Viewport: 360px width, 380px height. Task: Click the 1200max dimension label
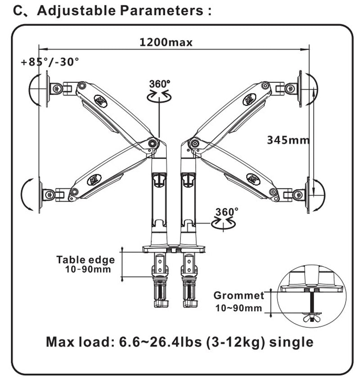click(x=166, y=42)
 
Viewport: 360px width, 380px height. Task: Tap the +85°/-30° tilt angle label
click(x=50, y=62)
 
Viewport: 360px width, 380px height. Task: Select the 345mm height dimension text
click(x=288, y=140)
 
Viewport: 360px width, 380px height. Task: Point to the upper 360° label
click(x=160, y=84)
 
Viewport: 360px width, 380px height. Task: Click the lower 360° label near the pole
click(x=227, y=212)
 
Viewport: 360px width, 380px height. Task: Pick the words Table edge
click(x=85, y=259)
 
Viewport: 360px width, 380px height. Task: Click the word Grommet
click(x=239, y=295)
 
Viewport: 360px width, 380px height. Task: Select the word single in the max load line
click(x=291, y=342)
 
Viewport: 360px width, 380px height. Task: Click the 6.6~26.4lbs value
click(x=160, y=342)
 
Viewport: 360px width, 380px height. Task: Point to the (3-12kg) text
click(x=235, y=342)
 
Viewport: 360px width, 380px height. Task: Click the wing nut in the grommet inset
click(x=312, y=317)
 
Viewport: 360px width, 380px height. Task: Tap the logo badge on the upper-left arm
click(x=100, y=101)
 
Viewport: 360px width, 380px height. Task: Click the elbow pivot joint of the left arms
click(x=153, y=143)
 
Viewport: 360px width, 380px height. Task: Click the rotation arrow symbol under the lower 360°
click(x=223, y=223)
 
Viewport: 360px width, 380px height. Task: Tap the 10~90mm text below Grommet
click(x=239, y=308)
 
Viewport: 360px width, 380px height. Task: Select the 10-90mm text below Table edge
click(x=88, y=269)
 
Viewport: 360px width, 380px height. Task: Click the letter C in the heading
click(x=18, y=11)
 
